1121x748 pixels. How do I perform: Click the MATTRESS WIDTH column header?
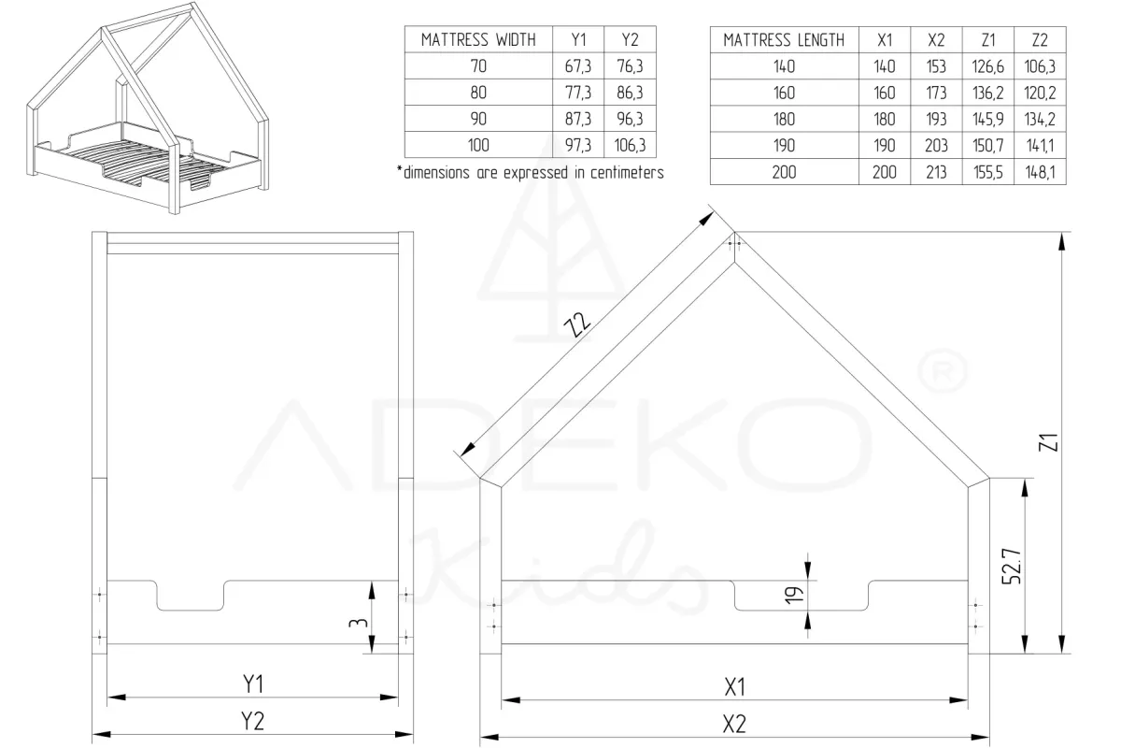[478, 39]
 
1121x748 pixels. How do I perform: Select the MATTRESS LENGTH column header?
[784, 40]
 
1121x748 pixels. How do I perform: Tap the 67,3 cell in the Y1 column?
[578, 66]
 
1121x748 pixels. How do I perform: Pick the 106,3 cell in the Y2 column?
[630, 145]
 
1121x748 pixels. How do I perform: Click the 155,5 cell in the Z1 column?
[988, 172]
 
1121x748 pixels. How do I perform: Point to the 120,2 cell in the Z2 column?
[1040, 93]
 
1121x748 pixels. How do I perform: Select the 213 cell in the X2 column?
[936, 172]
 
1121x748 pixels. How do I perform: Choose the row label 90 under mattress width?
[478, 119]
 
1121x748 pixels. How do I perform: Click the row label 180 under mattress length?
[784, 120]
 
